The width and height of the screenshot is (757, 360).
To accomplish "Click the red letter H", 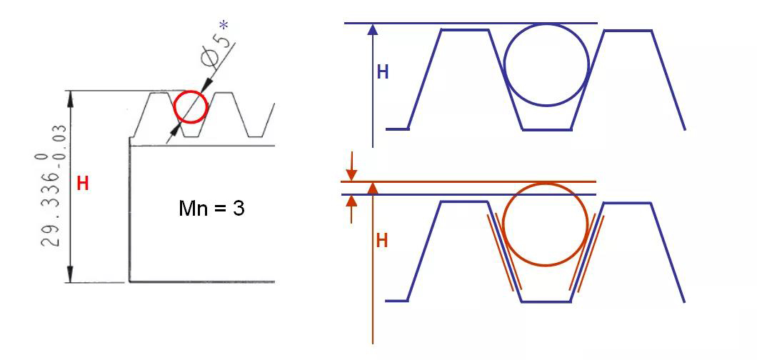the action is tap(83, 184).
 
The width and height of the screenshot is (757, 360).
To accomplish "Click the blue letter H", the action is tap(383, 72).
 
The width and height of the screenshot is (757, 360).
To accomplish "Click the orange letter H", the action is tap(382, 241).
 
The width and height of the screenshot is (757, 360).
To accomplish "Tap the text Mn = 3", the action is tap(211, 209).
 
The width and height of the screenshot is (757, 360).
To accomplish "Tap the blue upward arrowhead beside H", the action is tap(372, 29).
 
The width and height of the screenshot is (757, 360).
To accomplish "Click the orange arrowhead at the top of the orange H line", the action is tap(372, 188).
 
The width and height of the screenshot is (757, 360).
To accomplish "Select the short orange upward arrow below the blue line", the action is tap(352, 209).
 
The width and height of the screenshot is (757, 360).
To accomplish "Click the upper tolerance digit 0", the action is tap(39, 157).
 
